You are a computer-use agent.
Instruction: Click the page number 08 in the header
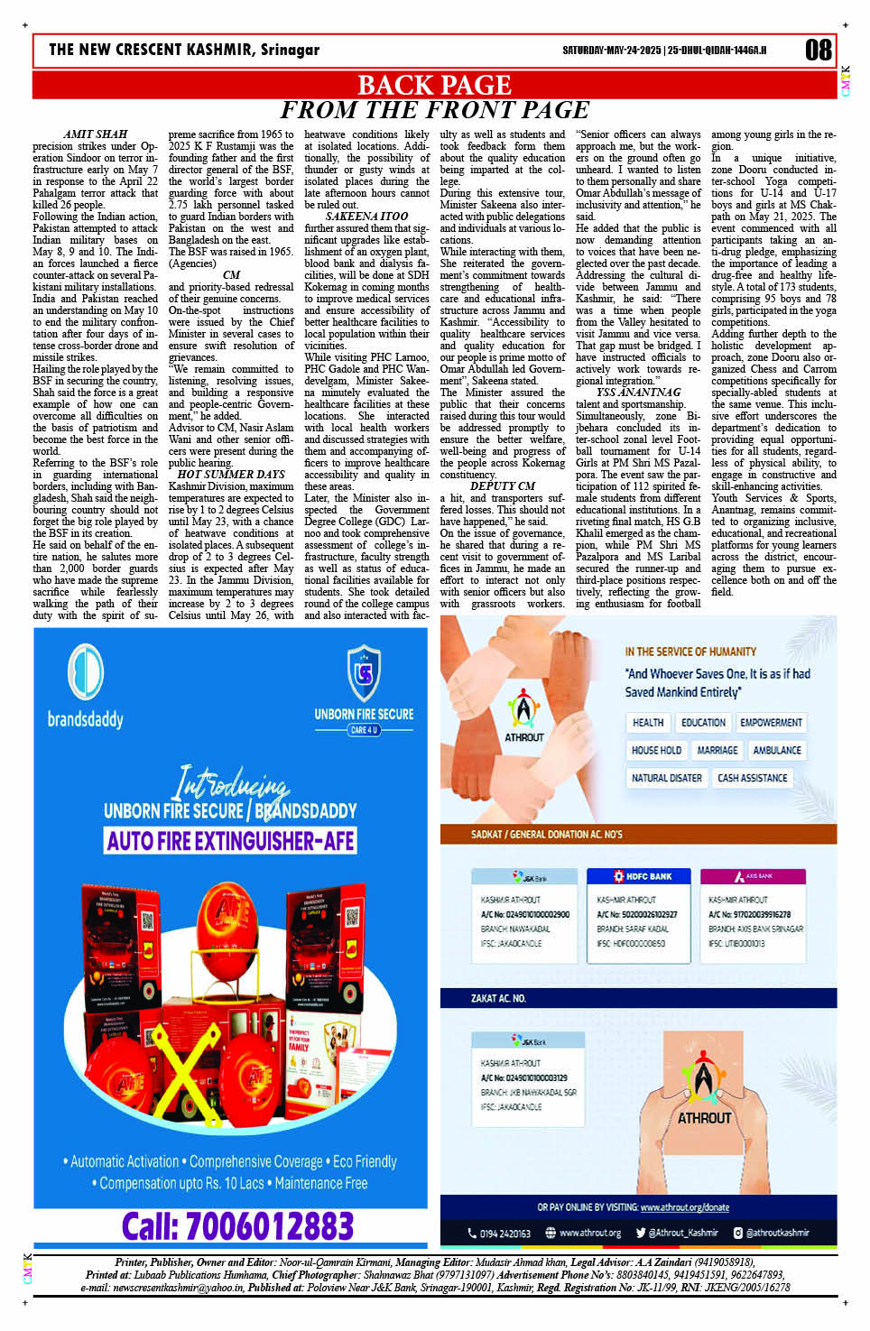818,51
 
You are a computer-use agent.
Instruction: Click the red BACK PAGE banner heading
434,85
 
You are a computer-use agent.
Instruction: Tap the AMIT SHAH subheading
96,134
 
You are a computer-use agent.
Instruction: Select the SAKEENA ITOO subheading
366,217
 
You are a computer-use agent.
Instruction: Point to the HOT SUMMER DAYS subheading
231,475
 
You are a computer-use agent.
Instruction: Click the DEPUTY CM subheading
503,486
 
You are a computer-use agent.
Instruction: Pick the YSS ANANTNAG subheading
638,393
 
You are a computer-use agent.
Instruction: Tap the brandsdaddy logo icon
87,672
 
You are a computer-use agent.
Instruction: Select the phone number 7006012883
238,1226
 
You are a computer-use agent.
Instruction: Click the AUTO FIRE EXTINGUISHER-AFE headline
231,841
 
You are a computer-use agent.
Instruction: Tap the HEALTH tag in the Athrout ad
648,723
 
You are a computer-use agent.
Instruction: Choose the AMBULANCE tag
776,750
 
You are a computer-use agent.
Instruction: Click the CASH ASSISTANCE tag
752,778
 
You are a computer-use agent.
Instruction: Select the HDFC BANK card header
643,876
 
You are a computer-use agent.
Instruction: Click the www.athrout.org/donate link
684,1207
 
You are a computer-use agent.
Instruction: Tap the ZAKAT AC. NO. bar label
498,998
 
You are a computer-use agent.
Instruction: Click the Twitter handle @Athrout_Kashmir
677,1233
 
